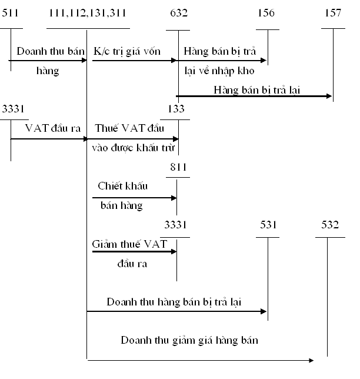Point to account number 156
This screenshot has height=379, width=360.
click(x=266, y=12)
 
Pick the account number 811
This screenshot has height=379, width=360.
click(x=178, y=167)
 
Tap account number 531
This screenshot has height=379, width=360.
click(x=268, y=225)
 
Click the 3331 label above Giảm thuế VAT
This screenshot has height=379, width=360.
click(x=176, y=225)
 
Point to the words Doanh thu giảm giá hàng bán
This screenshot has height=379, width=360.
click(x=190, y=340)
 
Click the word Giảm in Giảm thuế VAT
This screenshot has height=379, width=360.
click(x=105, y=244)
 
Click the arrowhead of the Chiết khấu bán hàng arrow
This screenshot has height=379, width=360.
click(x=174, y=198)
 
